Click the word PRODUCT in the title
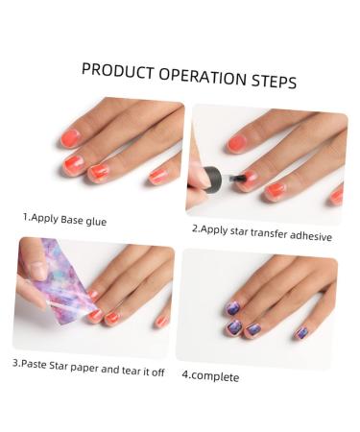point(116,71)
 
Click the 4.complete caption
point(210,376)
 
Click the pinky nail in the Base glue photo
point(159,177)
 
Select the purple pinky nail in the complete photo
point(300,332)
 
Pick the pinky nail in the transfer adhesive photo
point(336,195)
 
